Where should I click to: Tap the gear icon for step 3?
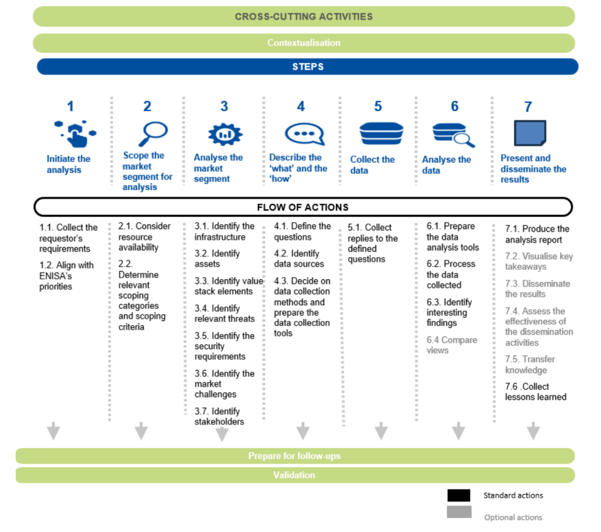tap(225, 134)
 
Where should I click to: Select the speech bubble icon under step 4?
tap(303, 134)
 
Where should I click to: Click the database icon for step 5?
tap(381, 134)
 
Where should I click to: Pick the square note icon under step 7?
tap(529, 134)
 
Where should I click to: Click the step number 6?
tap(454, 106)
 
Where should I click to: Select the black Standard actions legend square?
tap(459, 495)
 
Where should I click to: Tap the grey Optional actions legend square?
tap(459, 512)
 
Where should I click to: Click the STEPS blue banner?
tap(307, 67)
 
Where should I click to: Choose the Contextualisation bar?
tap(303, 43)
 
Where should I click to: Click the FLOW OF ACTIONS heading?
tap(303, 207)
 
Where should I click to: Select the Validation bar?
tap(294, 475)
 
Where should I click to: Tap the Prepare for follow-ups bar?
tap(294, 456)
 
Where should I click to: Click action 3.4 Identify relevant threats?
tap(225, 313)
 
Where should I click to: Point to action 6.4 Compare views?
tap(451, 345)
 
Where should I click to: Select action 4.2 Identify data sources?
tap(298, 259)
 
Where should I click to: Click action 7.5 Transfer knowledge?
tap(529, 364)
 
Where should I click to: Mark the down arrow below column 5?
tap(381, 430)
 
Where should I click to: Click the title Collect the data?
tap(372, 165)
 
